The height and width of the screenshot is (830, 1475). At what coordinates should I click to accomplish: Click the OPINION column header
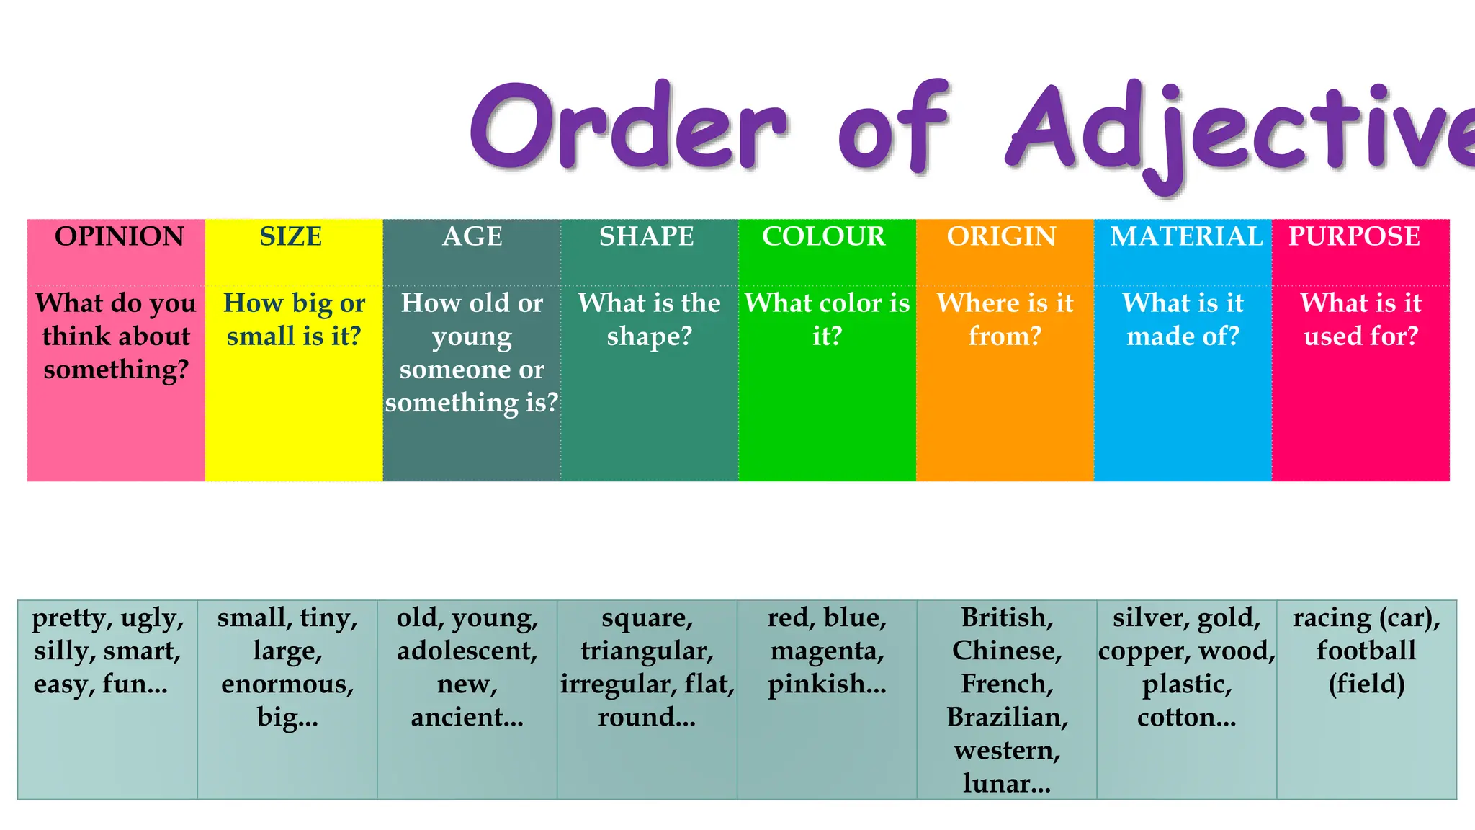pos(120,236)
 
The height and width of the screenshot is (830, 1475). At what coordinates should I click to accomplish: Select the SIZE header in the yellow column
pos(291,236)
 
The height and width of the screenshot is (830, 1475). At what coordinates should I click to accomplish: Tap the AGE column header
pos(472,236)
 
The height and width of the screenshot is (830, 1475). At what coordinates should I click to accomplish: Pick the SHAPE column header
pos(647,236)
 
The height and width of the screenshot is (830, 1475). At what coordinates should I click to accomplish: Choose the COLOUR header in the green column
pos(824,236)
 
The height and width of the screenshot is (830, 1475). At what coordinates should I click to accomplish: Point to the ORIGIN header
pos(1001,236)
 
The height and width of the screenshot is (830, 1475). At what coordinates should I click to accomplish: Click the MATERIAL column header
pos(1186,236)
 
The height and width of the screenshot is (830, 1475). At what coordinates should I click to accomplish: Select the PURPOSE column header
pos(1354,236)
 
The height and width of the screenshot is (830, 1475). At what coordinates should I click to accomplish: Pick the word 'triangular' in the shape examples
pos(645,651)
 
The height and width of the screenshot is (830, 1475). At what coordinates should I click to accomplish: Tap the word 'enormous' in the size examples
pos(286,684)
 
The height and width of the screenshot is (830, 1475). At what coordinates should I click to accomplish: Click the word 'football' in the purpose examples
pos(1366,651)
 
